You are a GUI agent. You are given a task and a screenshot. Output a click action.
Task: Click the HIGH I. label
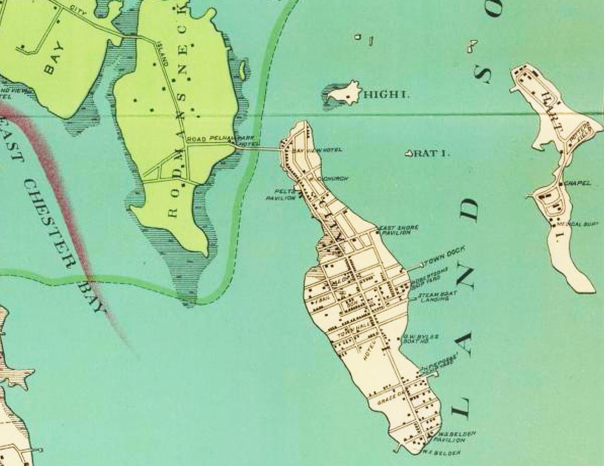[x=386, y=95]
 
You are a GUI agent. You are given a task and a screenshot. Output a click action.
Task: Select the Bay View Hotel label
[x=318, y=150]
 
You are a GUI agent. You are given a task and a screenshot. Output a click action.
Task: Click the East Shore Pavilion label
[x=395, y=230]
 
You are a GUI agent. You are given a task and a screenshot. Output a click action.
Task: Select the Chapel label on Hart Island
[x=579, y=183]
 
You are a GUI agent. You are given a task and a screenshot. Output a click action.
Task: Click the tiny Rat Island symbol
[x=408, y=154]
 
